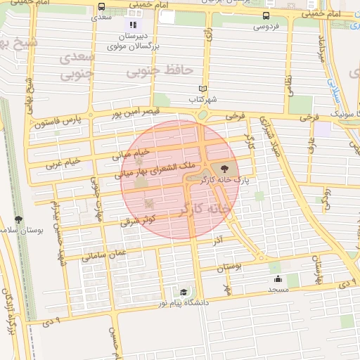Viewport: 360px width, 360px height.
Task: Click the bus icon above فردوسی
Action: (x=266, y=16)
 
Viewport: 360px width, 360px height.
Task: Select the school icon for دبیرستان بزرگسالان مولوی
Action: (x=134, y=25)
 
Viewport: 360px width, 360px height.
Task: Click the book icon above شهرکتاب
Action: (x=203, y=89)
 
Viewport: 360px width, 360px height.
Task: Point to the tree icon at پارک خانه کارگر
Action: (x=224, y=169)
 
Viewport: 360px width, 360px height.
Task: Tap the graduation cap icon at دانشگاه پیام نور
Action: (x=184, y=292)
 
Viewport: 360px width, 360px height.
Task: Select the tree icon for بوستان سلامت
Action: (x=18, y=219)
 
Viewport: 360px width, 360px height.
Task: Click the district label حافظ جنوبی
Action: (x=160, y=70)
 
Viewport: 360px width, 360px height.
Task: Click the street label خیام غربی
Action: (x=63, y=162)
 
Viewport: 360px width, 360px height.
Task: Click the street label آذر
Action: (x=218, y=241)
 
